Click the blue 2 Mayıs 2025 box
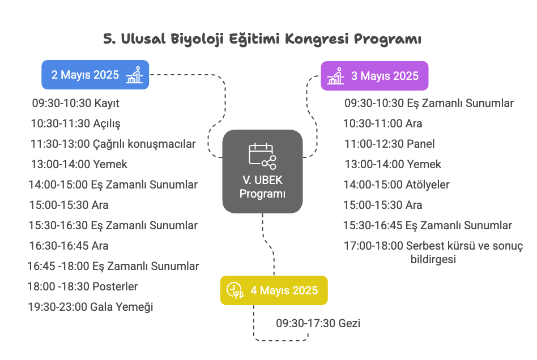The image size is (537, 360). (x=95, y=75)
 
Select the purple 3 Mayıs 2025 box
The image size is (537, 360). (x=374, y=76)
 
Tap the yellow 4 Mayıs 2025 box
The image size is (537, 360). (x=274, y=290)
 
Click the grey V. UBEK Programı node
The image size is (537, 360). (x=262, y=171)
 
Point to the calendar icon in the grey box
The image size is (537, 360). (x=262, y=156)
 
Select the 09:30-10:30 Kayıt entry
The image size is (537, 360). (x=76, y=103)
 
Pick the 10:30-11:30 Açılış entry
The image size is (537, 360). (x=76, y=123)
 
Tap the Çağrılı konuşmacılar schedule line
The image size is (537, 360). (x=113, y=144)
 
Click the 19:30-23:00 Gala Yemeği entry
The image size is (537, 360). (x=91, y=307)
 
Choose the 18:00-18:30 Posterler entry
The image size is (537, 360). (x=83, y=286)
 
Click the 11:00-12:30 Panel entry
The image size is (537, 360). (x=389, y=144)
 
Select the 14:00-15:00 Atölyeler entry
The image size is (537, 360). (x=397, y=185)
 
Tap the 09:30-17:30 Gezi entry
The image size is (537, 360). (x=318, y=323)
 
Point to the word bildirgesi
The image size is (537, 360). (x=433, y=259)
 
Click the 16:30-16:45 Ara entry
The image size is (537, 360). (x=69, y=246)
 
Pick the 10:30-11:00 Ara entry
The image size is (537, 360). (x=382, y=123)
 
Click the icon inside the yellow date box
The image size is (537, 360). (x=235, y=290)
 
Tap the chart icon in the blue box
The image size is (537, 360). (x=134, y=75)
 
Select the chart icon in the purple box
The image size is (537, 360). (x=335, y=76)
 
